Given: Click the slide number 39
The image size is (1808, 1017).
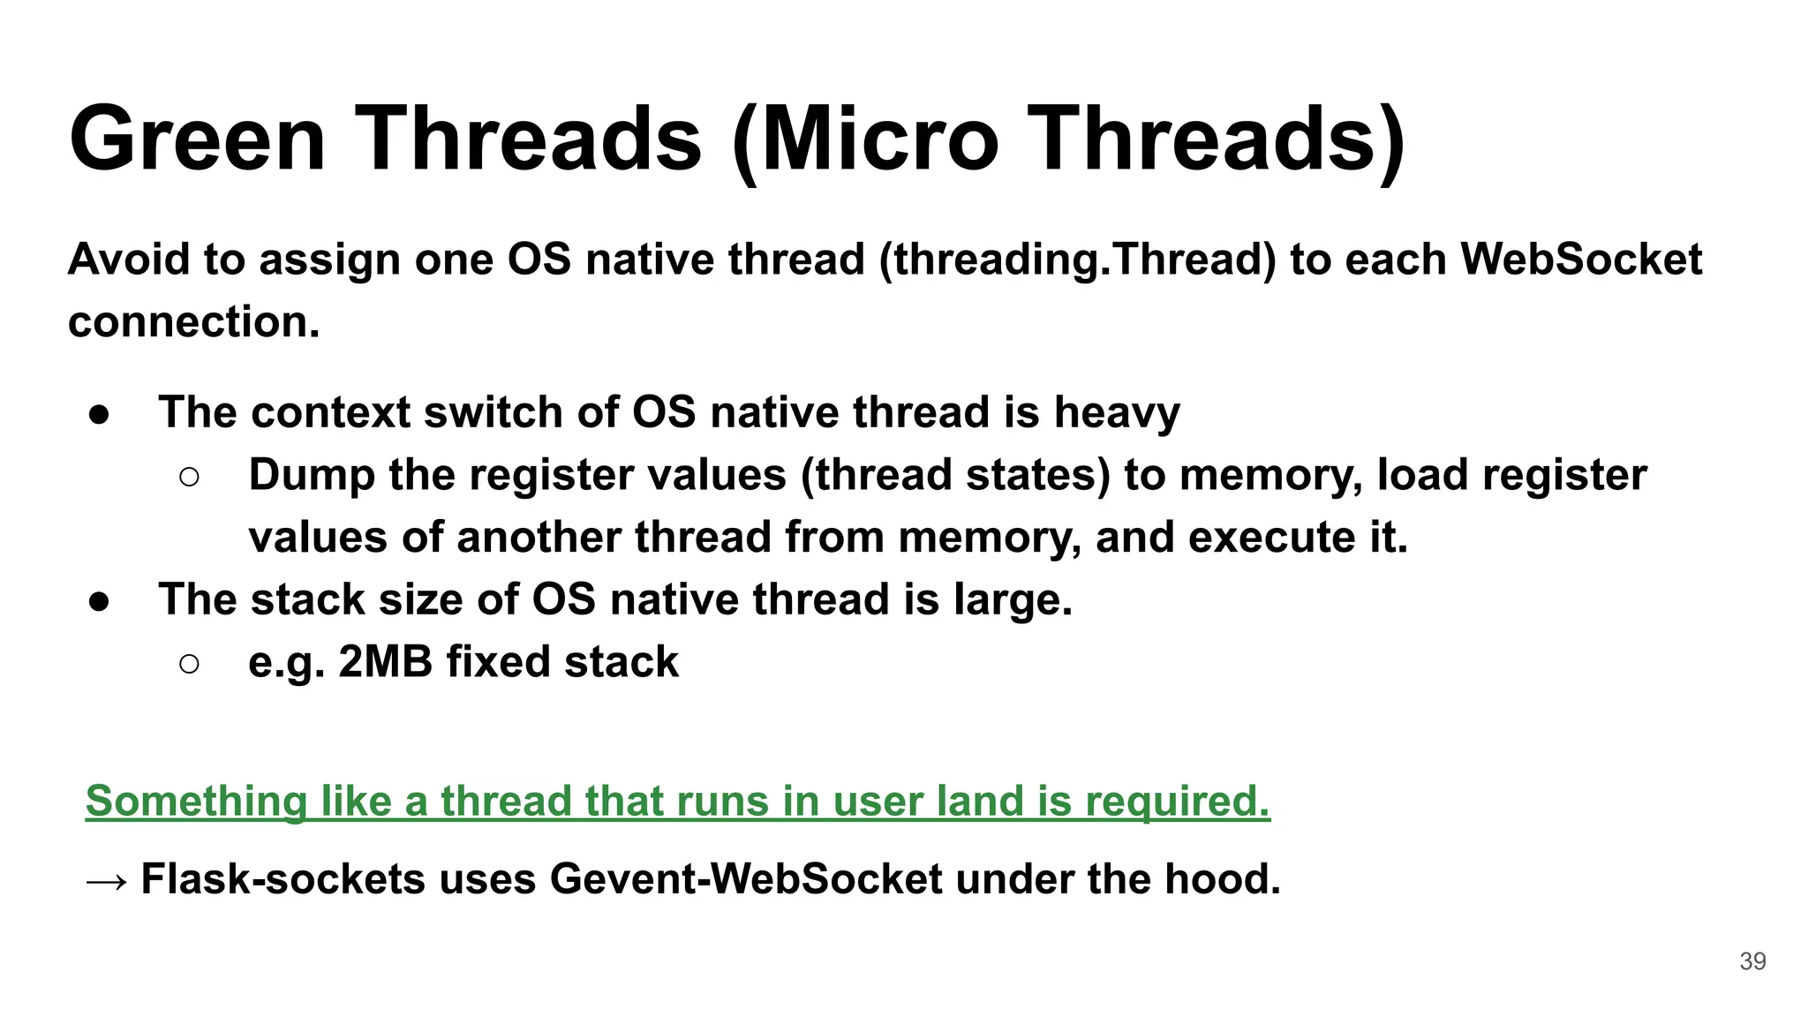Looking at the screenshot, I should tap(1752, 961).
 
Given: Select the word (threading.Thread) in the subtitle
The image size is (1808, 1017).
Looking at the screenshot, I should tap(1077, 260).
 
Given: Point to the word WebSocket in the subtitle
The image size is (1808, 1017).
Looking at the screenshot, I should tap(1581, 260).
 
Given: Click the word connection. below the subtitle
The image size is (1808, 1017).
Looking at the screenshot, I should tap(193, 321).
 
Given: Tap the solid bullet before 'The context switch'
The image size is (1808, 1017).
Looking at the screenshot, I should tap(99, 414).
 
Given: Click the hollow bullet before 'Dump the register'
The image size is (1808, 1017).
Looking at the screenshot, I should tap(189, 478).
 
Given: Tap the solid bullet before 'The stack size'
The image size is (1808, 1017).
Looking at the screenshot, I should tap(99, 601).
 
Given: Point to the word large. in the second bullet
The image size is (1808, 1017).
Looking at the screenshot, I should tap(1013, 600).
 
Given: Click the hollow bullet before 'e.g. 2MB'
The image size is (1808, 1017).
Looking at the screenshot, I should tap(189, 664).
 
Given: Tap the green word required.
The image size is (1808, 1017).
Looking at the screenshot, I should tap(1177, 802).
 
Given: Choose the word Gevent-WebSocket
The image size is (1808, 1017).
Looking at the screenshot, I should tap(746, 879).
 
